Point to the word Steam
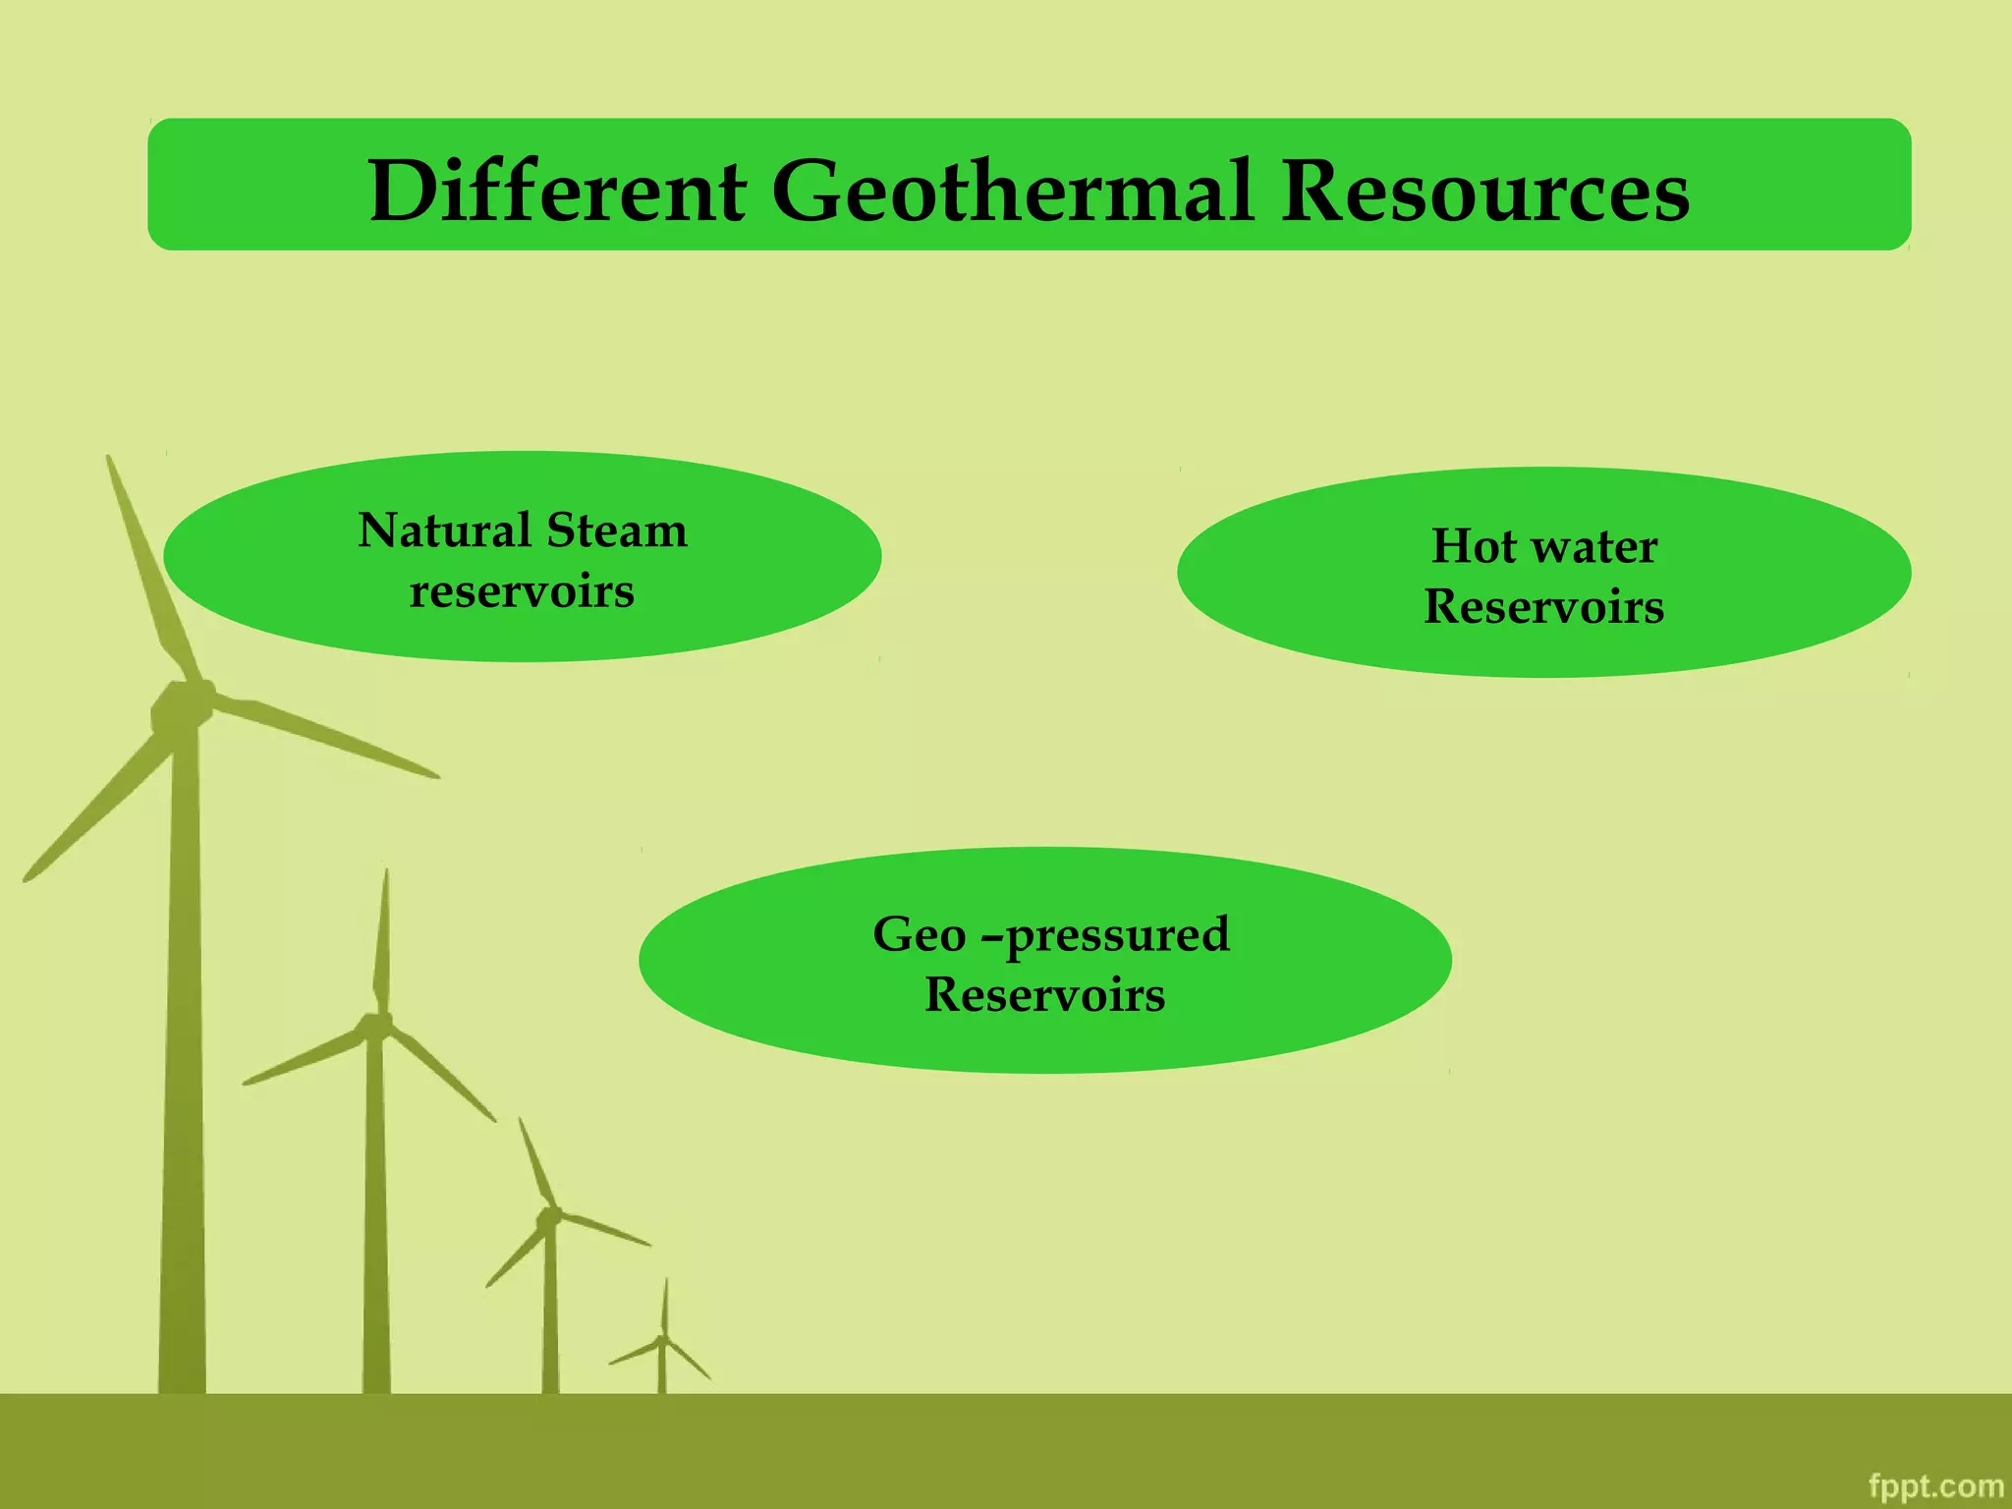click(x=617, y=531)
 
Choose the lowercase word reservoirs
click(x=522, y=591)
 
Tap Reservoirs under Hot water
click(x=1544, y=607)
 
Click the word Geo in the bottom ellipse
click(x=919, y=934)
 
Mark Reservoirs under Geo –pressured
click(x=1045, y=995)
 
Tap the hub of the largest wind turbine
click(x=182, y=705)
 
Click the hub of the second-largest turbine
click(x=375, y=1027)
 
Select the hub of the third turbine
click(x=548, y=1216)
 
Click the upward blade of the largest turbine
click(x=147, y=570)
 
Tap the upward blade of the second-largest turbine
click(x=382, y=943)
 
